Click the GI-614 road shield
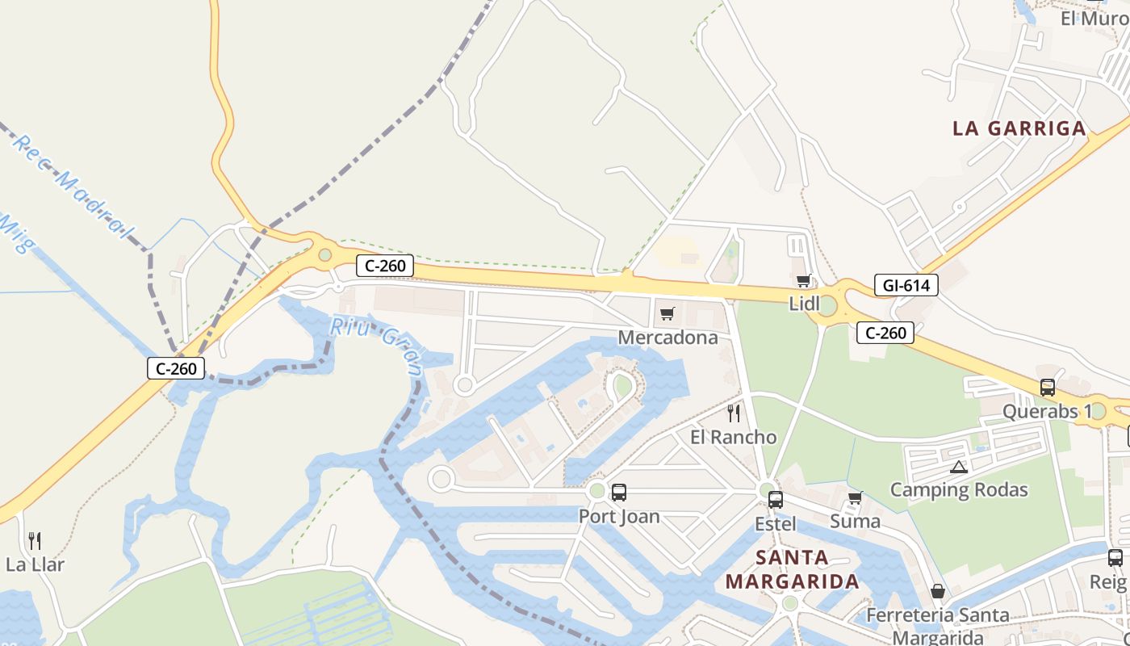click(x=906, y=285)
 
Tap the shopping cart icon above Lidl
click(x=803, y=281)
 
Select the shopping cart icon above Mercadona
click(x=668, y=313)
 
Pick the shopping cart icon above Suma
click(x=856, y=497)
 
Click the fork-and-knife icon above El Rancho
click(x=734, y=413)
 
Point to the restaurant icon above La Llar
click(x=35, y=540)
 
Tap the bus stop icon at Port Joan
click(x=619, y=492)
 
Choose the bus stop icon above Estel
click(x=776, y=499)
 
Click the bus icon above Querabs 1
click(x=1048, y=387)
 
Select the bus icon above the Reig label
click(x=1115, y=557)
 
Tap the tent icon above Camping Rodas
click(x=958, y=466)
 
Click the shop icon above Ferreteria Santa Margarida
click(x=938, y=591)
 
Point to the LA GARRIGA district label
click(x=1019, y=128)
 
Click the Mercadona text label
click(x=668, y=337)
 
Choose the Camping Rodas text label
click(x=959, y=489)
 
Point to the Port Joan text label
click(x=619, y=516)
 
